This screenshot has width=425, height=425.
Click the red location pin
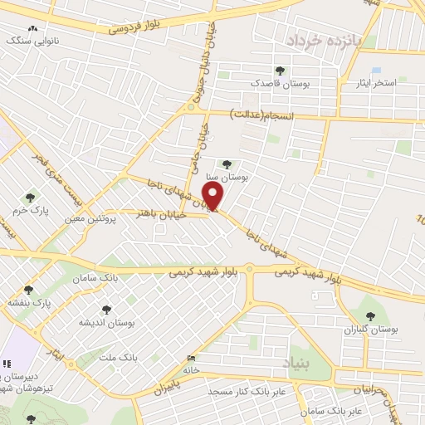coord(214,198)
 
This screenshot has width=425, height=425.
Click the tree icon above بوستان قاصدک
coord(280,71)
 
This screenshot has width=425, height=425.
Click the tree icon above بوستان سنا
coord(227,164)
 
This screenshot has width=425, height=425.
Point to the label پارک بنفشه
coord(30,303)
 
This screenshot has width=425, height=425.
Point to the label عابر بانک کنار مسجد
coord(247,390)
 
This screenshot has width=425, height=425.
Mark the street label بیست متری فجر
coord(51,171)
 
